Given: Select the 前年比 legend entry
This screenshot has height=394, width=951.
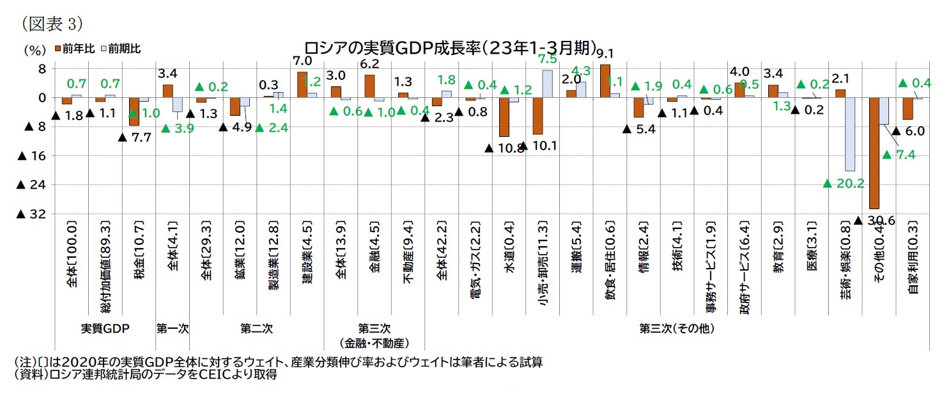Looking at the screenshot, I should point(75,48).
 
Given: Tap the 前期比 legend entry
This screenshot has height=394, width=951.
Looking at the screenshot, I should point(121,48).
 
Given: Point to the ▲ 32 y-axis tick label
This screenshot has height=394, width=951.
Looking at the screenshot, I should point(31,214).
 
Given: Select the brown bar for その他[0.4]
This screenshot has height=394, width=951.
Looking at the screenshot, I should point(874,153).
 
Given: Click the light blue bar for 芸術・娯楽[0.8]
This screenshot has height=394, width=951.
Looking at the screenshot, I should point(849,134).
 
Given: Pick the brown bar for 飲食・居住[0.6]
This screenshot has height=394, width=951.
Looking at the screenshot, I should point(605,81).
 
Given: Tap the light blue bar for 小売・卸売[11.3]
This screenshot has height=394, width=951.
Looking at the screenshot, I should point(547,84).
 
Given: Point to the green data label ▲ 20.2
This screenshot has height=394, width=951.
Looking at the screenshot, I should point(844,184).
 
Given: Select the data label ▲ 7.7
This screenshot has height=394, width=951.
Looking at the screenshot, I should point(134,138).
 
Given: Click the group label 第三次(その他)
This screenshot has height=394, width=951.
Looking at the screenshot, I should point(677,329).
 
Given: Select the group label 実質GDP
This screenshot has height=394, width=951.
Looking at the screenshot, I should point(105,329).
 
